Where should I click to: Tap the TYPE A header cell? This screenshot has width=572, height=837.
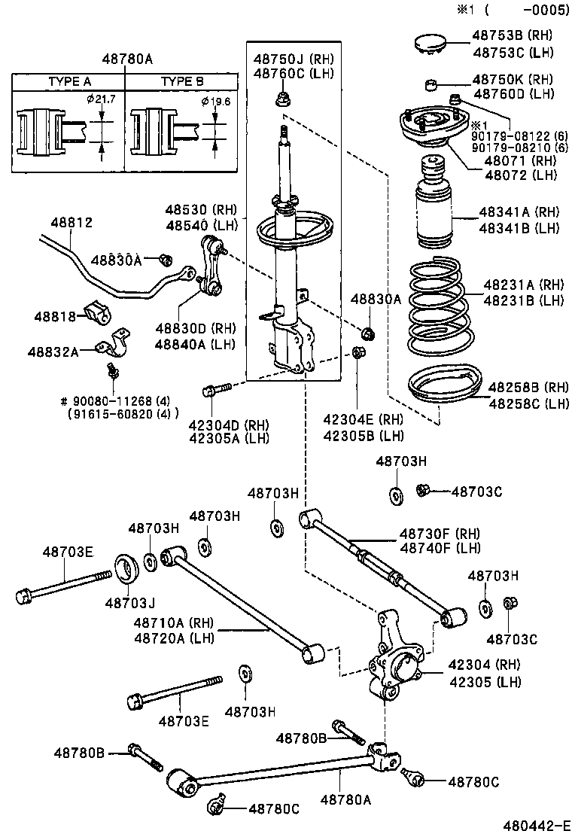[x=69, y=81]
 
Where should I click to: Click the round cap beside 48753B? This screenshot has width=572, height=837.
[x=433, y=41]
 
